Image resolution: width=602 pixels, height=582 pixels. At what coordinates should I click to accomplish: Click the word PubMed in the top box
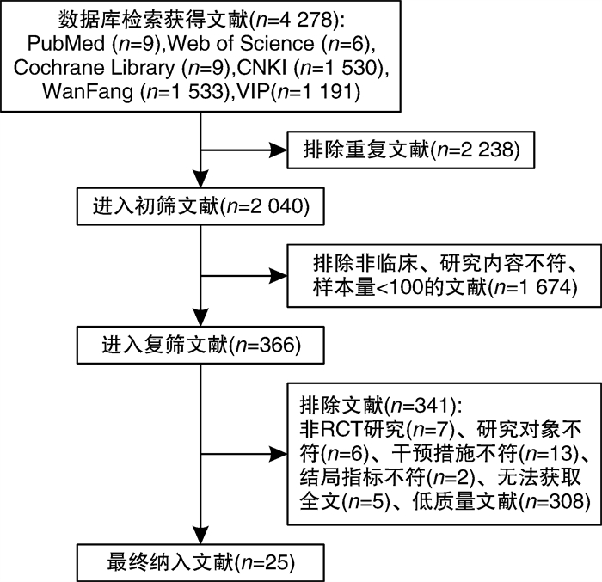click(65, 43)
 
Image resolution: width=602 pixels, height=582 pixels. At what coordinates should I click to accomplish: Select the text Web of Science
click(241, 43)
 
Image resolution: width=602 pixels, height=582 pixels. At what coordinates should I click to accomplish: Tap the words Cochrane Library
click(94, 67)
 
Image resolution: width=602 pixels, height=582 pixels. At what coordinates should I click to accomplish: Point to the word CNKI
click(261, 67)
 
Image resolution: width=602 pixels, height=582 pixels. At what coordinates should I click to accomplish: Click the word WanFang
click(88, 91)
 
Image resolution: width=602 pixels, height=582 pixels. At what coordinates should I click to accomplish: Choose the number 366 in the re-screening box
click(276, 345)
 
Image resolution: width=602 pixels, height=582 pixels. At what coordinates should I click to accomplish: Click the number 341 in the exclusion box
click(433, 406)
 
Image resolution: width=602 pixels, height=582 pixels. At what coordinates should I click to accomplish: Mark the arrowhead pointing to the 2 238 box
click(279, 150)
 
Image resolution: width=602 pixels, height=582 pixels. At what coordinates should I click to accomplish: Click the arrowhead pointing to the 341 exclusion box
click(279, 454)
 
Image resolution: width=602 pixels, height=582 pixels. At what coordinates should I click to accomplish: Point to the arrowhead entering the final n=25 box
click(200, 536)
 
